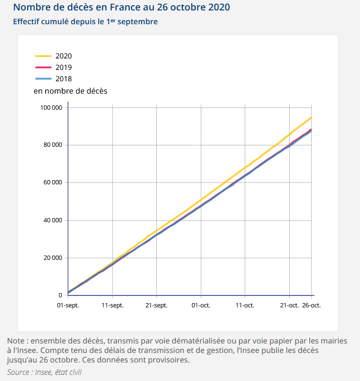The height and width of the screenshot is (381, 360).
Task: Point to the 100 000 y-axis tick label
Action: [x=51, y=107]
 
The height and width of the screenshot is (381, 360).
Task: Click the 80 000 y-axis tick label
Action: [x=52, y=145]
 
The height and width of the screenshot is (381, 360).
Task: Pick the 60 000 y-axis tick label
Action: [x=52, y=182]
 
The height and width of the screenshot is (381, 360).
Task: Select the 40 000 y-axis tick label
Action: [x=52, y=220]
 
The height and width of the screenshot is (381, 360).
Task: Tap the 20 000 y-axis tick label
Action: [x=52, y=258]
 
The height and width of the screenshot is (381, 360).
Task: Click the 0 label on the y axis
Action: [x=60, y=295]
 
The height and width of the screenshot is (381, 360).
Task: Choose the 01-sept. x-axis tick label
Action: [x=68, y=305]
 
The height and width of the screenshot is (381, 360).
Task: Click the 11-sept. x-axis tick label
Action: [x=113, y=305]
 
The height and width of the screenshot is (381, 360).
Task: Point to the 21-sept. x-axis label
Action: [x=157, y=305]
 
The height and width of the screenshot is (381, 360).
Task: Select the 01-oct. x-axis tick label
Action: [x=201, y=305]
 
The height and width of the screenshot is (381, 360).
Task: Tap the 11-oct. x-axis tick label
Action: [x=245, y=305]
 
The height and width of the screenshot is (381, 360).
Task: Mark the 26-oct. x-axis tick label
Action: [x=312, y=305]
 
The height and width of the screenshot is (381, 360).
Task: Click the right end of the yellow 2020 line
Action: [x=311, y=117]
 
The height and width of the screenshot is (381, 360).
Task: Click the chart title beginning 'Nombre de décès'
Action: [x=122, y=8]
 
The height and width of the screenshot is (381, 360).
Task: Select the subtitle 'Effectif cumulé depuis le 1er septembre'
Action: [x=85, y=22]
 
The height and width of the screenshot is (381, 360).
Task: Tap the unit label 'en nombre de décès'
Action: [x=70, y=91]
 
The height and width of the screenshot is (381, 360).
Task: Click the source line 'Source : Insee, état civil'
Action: [x=44, y=372]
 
